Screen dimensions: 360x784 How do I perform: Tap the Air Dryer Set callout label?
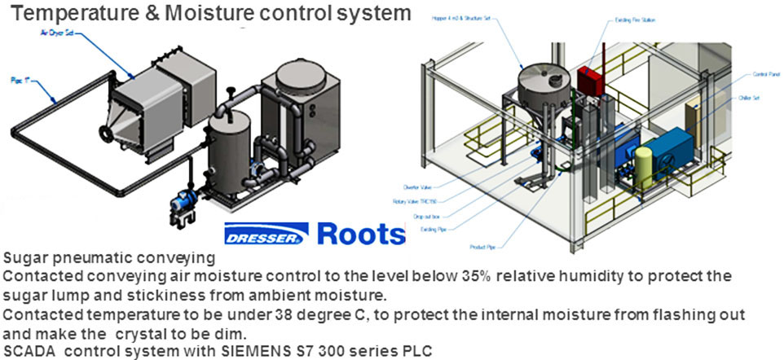tap(59, 33)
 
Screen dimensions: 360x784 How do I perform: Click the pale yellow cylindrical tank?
tap(643, 166)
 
